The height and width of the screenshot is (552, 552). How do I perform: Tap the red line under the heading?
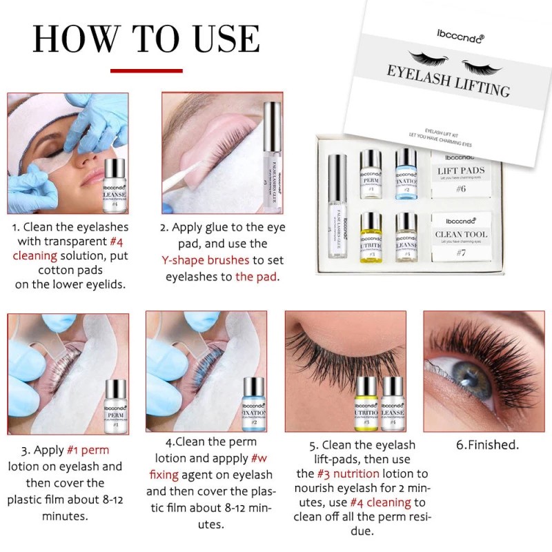[146, 70]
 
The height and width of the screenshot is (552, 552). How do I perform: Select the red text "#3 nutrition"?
[348, 473]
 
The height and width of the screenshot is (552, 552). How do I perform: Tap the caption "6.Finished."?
[487, 445]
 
